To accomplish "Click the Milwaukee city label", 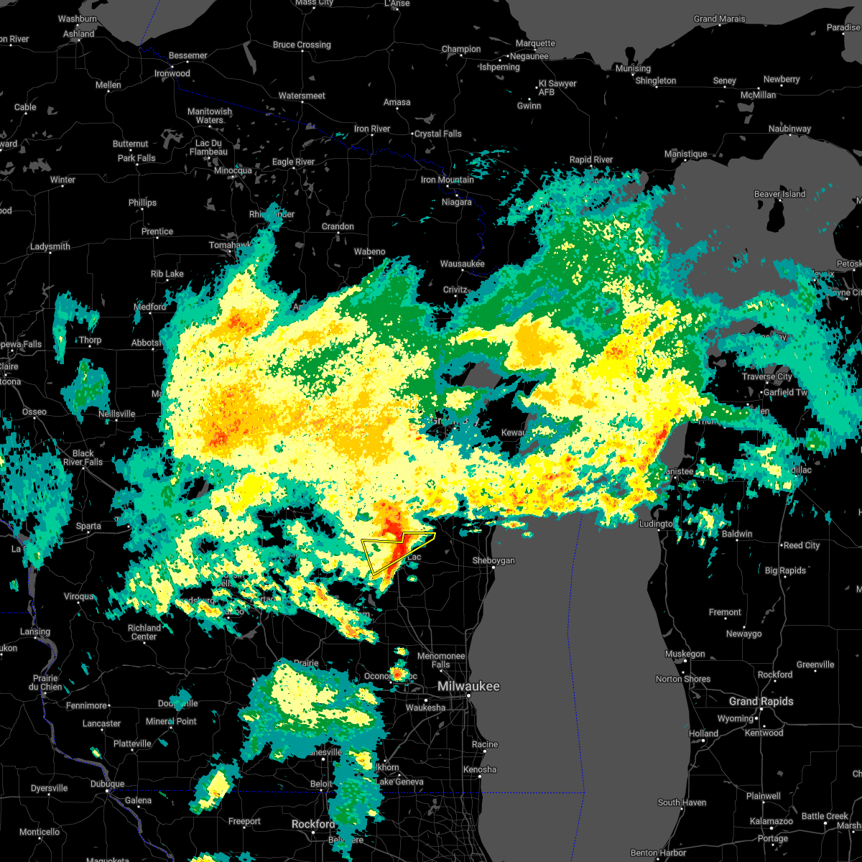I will click(468, 687).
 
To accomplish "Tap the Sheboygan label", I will click(493, 560).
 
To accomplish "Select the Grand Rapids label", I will click(761, 701).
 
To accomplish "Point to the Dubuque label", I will click(108, 784).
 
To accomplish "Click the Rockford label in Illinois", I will click(312, 824).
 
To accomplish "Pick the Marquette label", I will click(535, 44).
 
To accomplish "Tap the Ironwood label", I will click(172, 73).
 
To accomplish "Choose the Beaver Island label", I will click(779, 194).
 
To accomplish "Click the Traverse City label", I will click(766, 376).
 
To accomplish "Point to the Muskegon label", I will click(685, 654).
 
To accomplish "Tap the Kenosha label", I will click(479, 769).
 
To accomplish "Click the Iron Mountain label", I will click(447, 180).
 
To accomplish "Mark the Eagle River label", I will click(293, 162).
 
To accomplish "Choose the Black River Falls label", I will click(83, 458).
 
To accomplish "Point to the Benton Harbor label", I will click(658, 853).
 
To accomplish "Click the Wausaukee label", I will click(462, 264).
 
